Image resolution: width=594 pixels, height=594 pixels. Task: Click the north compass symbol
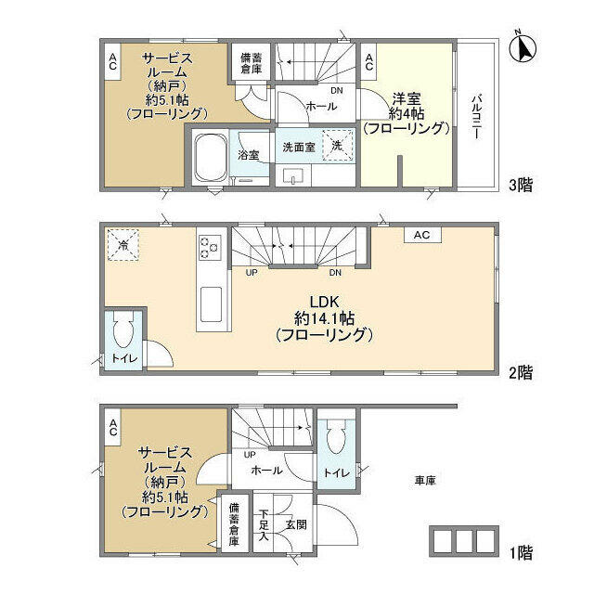[523, 47]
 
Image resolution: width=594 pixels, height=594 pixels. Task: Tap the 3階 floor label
[521, 186]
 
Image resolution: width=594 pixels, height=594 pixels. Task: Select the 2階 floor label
[521, 373]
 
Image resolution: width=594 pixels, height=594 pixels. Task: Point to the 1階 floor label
[522, 553]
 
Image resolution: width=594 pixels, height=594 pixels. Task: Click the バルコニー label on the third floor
[476, 117]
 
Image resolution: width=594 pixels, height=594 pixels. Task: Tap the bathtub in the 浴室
[211, 157]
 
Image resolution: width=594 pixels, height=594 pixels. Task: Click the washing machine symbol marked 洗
[338, 146]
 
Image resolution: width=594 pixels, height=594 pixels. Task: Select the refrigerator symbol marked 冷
[123, 245]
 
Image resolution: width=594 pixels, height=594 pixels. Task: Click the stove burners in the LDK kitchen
[210, 247]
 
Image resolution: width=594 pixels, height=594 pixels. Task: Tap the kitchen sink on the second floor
[211, 304]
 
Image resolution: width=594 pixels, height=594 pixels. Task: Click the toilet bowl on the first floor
[337, 437]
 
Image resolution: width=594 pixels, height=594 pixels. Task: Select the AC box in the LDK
[422, 235]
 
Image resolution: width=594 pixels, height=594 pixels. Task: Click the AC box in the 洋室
[369, 62]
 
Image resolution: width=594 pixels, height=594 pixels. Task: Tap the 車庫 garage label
[425, 481]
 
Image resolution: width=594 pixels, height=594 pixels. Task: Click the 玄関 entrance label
[296, 524]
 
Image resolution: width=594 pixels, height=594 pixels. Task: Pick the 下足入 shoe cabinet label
[264, 524]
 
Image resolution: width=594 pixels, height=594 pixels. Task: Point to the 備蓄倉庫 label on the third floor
[252, 63]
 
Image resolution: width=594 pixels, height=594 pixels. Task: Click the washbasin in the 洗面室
[293, 176]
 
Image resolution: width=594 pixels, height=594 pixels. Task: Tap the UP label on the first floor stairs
[250, 454]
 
